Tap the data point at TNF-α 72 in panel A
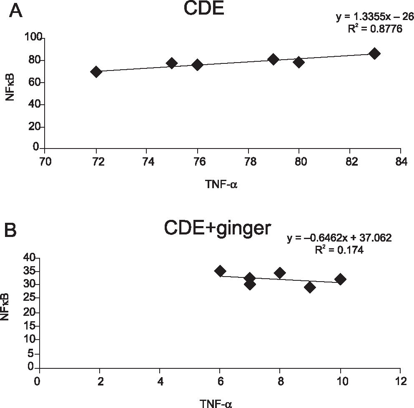tap(96, 72)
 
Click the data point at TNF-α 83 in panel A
tap(374, 53)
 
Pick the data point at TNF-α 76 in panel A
tap(198, 65)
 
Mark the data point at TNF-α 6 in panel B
tap(220, 271)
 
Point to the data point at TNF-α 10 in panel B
tap(341, 279)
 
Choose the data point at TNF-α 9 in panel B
tap(310, 287)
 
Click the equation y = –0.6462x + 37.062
tap(339, 239)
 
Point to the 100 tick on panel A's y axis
tap(33, 38)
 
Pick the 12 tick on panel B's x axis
tap(400, 381)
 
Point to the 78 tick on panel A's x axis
tap(248, 161)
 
